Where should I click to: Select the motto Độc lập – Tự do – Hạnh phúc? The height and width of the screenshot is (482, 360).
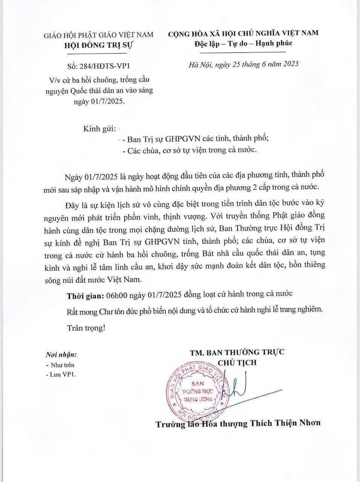[243, 43]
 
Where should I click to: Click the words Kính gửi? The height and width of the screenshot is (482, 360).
[99, 129]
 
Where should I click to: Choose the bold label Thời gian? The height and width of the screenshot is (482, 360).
[85, 295]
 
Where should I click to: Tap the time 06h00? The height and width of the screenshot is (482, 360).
[116, 295]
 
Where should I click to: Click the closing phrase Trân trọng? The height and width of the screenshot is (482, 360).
[86, 328]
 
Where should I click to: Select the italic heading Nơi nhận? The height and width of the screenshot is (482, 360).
[61, 355]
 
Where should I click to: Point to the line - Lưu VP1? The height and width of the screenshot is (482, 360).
[60, 375]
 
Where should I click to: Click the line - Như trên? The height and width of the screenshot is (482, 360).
[60, 365]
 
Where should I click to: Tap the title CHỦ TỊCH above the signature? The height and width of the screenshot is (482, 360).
[237, 363]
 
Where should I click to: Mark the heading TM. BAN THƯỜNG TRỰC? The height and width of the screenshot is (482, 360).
[237, 352]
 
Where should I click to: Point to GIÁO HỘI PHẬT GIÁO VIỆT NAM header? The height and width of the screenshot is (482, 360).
[99, 35]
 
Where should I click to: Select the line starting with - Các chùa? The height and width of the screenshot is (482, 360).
[190, 150]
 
